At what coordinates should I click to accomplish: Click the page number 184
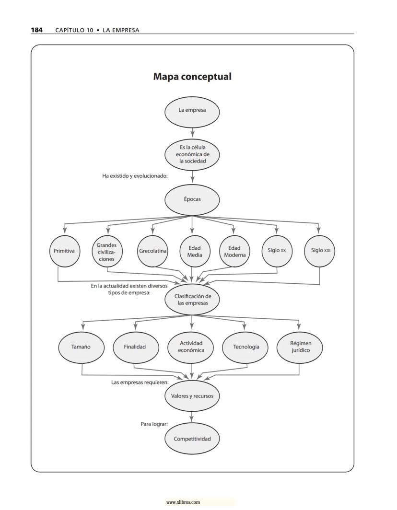[x=36, y=30]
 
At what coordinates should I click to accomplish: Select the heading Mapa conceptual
[x=192, y=77]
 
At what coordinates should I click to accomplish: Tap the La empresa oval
[x=192, y=110]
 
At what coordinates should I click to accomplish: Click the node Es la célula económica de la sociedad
[x=192, y=154]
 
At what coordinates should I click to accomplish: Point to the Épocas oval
[x=192, y=199]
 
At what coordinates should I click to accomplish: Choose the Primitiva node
[x=64, y=251]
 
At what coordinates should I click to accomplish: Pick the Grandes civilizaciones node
[x=106, y=252]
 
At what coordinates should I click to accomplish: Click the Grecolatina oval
[x=153, y=251]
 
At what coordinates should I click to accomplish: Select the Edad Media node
[x=195, y=251]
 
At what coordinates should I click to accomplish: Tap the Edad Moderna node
[x=234, y=251]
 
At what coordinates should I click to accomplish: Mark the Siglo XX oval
[x=277, y=251]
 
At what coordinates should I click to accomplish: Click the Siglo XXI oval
[x=320, y=251]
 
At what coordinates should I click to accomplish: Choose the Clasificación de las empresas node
[x=192, y=300]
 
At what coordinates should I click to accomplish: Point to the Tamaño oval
[x=81, y=347]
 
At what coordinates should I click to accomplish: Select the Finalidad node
[x=135, y=347]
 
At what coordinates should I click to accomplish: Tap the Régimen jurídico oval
[x=300, y=347]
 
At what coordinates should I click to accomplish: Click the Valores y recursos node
[x=192, y=396]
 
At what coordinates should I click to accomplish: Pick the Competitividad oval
[x=192, y=439]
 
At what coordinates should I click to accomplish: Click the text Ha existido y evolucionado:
[x=135, y=176]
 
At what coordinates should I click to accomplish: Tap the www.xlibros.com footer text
[x=183, y=502]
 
